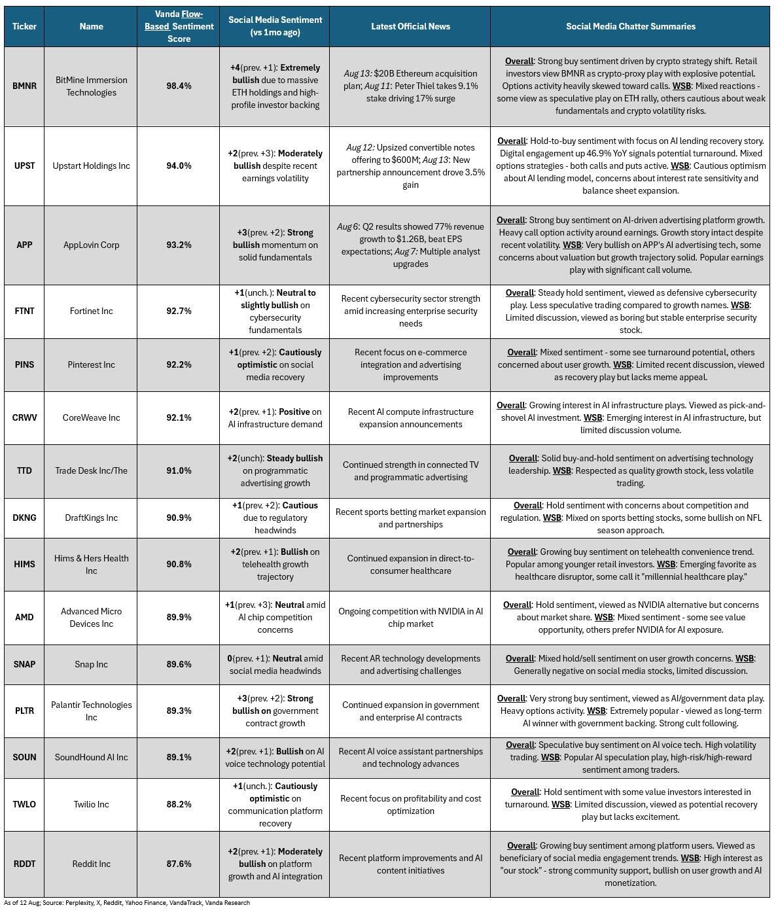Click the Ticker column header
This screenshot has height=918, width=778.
pos(24,26)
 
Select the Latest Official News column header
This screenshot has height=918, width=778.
pos(410,26)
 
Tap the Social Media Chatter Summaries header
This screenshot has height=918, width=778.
pos(630,26)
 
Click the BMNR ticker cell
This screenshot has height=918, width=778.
pos(24,86)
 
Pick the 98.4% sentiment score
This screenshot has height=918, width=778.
pos(179,86)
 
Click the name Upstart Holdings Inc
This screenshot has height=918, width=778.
pos(91,166)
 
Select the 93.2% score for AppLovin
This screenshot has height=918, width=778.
pos(179,245)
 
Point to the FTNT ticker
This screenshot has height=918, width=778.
pos(24,311)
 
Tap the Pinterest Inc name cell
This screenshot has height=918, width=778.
pos(91,364)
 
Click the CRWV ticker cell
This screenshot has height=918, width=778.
pos(24,417)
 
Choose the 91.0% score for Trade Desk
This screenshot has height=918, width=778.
pos(179,470)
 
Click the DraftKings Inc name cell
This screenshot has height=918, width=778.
pos(91,518)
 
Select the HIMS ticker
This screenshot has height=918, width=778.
pos(24,564)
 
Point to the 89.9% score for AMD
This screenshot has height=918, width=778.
pos(179,617)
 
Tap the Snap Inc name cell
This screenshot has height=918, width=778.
pos(91,664)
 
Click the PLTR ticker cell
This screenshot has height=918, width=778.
pos(24,711)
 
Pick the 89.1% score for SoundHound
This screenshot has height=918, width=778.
pos(179,757)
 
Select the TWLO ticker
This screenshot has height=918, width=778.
pos(24,804)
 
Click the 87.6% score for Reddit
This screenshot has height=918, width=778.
pos(179,864)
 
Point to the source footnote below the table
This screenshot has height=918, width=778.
pos(127,903)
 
